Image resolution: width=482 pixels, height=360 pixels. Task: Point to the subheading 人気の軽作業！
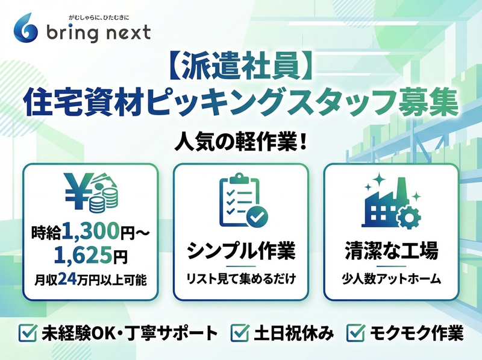(x=241, y=141)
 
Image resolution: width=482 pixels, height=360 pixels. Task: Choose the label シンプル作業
(x=241, y=250)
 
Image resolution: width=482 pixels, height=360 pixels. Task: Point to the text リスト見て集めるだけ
(x=241, y=279)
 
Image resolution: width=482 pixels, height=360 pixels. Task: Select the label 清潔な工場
(x=392, y=250)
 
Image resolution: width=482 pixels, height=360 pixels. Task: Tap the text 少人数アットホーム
(x=392, y=279)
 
